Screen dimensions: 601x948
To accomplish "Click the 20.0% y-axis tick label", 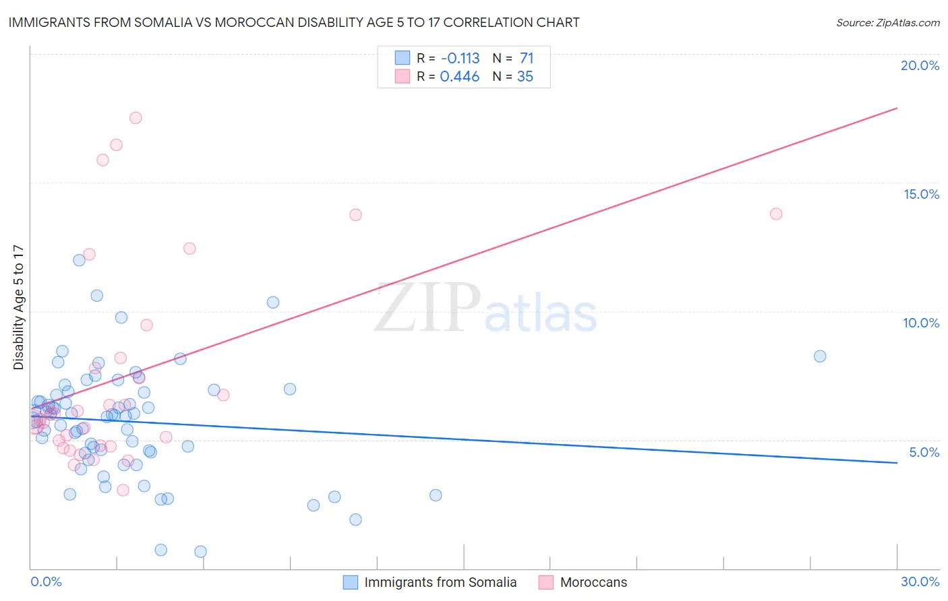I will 920,65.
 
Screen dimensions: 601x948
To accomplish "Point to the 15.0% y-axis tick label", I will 921,194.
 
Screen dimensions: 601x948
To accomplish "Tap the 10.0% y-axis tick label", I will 921,323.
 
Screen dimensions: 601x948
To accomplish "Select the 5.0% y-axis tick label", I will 924,452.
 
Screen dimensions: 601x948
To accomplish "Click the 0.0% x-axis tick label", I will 46,581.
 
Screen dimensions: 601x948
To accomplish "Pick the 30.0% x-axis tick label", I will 920,581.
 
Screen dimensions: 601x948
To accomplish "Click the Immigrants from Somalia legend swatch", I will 351,582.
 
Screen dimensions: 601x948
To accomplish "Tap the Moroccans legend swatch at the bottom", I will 546,582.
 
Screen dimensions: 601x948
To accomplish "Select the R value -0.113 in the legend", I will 459,58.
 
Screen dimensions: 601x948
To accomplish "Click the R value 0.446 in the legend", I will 459,77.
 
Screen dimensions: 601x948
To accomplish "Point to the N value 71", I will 527,58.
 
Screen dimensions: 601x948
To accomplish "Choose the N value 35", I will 525,77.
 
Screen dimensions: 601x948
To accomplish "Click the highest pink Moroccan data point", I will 136,118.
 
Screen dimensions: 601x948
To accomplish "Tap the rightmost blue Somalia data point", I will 820,356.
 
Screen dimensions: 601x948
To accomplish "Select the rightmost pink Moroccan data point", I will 776,214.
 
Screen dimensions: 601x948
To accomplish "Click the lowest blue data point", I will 200,552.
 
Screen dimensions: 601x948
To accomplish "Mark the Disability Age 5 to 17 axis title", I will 18,307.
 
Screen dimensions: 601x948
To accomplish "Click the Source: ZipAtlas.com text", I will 887,23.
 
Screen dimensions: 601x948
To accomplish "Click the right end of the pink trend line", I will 897,108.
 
